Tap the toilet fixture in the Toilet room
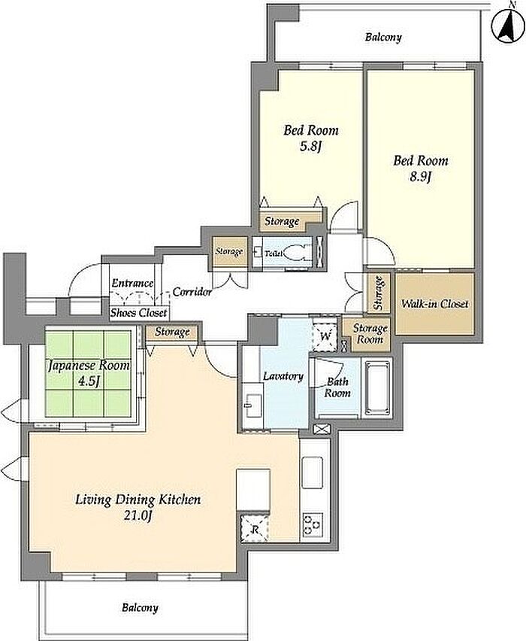pos(297,253)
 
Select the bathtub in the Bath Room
pos(377,387)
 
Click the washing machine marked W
pos(325,337)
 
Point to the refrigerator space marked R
pos(255,529)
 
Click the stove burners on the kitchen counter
pos(313,525)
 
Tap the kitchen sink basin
pos(312,472)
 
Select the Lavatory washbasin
pos(252,406)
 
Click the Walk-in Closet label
pos(434,304)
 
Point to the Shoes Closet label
pos(139,313)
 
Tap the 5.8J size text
pos(311,147)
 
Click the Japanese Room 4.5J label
pos(89,372)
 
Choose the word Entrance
pos(133,283)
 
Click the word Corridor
pos(192,292)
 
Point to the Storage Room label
pos(370,333)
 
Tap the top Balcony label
pos(383,38)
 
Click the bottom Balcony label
pos(140,608)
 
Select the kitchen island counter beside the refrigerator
pos(253,490)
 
